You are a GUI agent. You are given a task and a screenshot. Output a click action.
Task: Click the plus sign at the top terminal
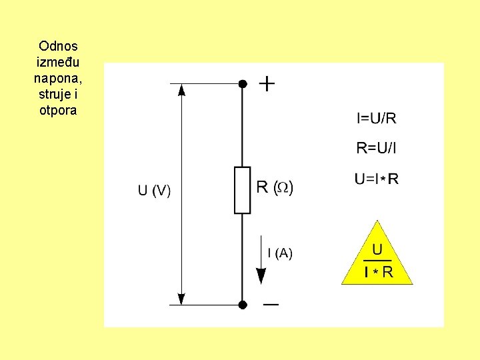267,84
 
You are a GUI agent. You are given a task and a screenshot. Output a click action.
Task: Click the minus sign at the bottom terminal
271,305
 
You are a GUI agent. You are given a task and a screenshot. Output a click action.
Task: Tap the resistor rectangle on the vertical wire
243,191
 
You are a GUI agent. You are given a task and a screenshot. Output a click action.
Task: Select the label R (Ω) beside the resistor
275,187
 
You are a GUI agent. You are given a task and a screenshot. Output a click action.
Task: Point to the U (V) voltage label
154,191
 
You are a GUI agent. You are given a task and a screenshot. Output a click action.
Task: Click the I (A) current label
279,253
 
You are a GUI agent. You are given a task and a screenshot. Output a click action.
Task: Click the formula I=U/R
377,119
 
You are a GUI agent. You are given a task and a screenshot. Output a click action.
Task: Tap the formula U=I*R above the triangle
377,179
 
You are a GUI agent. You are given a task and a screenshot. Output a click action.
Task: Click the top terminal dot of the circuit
243,84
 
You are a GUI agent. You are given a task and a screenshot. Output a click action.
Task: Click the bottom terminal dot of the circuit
243,305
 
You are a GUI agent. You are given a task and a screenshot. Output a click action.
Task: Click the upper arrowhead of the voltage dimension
181,90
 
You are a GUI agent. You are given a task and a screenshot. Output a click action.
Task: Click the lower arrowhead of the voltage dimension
181,299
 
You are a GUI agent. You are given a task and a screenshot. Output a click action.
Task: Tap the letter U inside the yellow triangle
377,250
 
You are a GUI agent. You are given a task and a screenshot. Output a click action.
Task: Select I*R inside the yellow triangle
378,272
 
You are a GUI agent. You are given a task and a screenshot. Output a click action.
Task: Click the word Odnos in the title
58,47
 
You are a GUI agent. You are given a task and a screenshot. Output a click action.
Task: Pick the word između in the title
58,63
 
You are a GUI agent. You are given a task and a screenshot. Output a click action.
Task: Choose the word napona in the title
55,79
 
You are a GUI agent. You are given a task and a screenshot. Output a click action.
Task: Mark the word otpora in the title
58,111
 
